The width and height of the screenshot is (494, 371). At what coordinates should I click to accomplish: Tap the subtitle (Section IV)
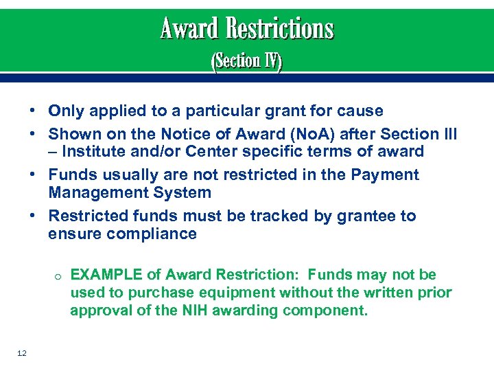[246, 62]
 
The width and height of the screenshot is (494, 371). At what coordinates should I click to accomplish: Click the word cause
[360, 111]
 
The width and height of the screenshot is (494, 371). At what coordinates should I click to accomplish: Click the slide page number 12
[22, 353]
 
